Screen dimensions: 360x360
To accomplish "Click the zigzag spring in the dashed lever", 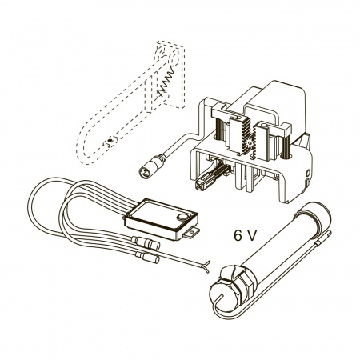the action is [166, 81].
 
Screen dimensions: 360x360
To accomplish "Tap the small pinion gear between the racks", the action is [250, 143].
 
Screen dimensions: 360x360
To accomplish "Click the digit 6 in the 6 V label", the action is [238, 235].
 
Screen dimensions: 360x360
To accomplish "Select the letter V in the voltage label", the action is [252, 235].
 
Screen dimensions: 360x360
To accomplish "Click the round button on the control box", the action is [183, 217].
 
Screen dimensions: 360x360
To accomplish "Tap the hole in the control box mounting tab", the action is [192, 233].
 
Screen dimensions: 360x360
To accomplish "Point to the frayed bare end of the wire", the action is [207, 266].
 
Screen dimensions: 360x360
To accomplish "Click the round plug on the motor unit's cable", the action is [150, 166].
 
